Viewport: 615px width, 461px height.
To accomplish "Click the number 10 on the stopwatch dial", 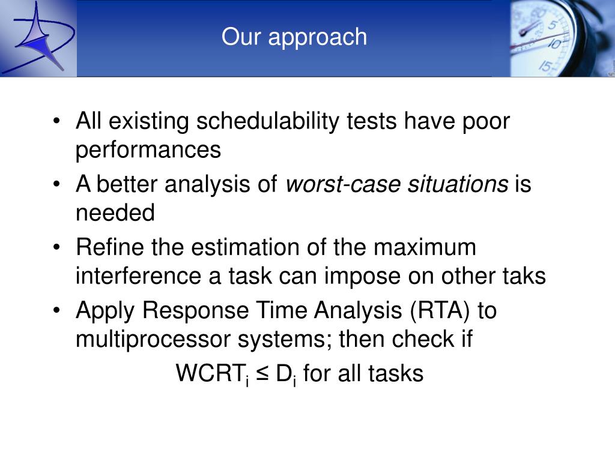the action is tap(555, 43).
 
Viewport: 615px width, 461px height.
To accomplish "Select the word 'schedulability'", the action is tap(267, 121).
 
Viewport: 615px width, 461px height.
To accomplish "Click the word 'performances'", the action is tap(148, 149).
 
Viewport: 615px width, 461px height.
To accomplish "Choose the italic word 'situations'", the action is tap(458, 184).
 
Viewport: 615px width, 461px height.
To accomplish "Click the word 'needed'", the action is tap(115, 212).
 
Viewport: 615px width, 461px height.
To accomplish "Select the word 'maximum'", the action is tap(425, 248).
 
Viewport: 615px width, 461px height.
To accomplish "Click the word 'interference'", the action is tap(139, 276).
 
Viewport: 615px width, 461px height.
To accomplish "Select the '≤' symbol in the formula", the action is tap(262, 374).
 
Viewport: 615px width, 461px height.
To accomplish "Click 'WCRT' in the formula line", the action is tap(210, 373).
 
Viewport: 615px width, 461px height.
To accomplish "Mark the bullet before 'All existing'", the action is tap(57, 121).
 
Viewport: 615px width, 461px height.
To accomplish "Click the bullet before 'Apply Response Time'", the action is tap(57, 310).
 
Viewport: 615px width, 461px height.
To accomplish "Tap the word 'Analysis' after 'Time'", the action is tap(358, 310).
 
